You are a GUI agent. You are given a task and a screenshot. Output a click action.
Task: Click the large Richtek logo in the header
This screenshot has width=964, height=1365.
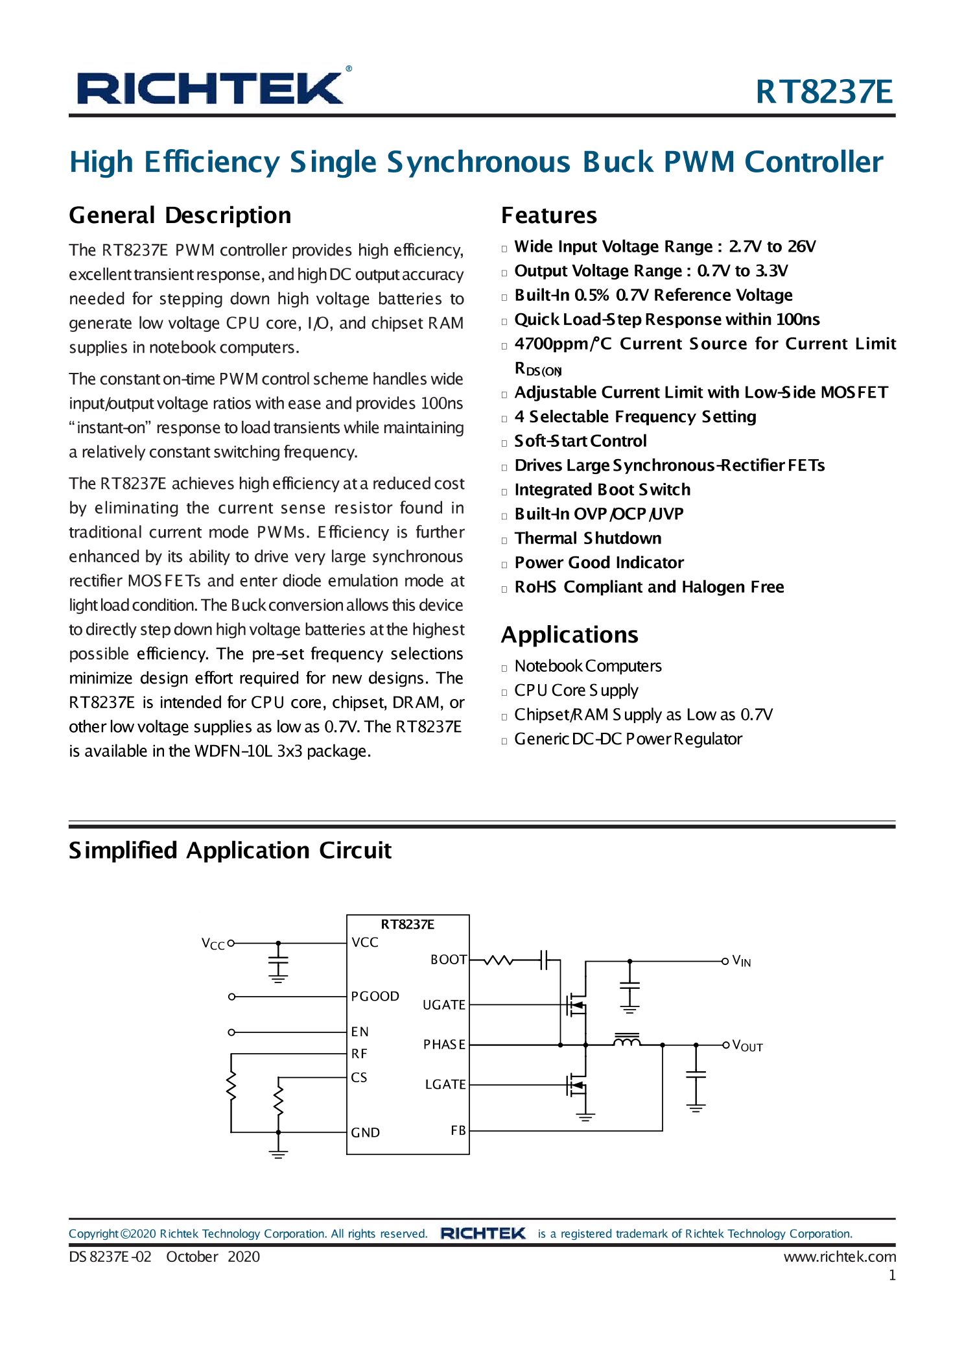tap(211, 88)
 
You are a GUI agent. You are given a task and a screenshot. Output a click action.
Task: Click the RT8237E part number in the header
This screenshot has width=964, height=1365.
tap(824, 91)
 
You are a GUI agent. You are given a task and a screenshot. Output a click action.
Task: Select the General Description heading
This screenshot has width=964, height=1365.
tap(180, 215)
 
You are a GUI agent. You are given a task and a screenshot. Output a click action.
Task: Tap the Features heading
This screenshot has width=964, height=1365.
tap(549, 215)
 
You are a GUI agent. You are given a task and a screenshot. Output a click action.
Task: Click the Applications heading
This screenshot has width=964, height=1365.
tap(570, 635)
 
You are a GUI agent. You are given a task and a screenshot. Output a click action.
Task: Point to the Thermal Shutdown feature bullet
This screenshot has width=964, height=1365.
tap(588, 538)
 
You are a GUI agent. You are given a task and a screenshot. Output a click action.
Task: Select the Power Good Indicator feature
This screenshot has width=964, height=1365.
tap(599, 563)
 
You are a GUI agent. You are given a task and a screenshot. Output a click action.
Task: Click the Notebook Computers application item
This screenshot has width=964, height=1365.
tap(588, 666)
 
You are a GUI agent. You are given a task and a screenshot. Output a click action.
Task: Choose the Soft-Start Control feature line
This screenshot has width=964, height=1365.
tap(581, 441)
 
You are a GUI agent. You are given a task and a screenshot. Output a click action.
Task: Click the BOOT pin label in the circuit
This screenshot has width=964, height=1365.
tap(449, 960)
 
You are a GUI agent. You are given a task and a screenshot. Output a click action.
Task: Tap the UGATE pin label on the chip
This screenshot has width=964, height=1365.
tap(444, 1005)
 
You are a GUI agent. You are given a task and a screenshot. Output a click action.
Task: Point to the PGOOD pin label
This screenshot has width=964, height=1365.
tap(375, 996)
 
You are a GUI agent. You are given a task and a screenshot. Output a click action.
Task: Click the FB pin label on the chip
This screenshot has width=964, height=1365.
tap(458, 1130)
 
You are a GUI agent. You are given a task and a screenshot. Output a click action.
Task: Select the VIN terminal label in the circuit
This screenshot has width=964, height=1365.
tap(742, 961)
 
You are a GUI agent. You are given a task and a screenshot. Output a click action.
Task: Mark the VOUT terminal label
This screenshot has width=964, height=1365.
tap(747, 1045)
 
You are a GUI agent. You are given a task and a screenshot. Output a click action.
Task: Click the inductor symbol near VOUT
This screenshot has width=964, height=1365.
tap(627, 1040)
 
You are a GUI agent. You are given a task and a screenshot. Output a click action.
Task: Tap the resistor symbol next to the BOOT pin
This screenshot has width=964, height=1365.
tap(499, 960)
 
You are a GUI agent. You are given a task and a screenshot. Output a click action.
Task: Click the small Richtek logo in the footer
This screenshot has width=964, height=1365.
tap(483, 1233)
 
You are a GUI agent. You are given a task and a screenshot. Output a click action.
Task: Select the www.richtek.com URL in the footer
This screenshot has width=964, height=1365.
tap(840, 1257)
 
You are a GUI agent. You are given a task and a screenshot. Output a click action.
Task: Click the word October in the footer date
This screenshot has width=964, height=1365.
tap(192, 1257)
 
